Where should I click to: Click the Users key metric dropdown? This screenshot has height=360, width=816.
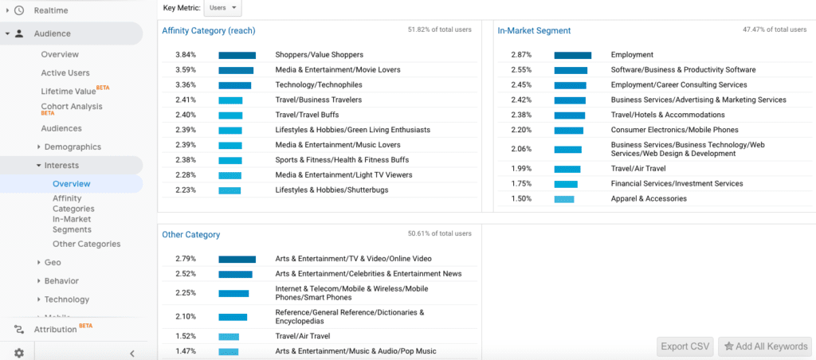point(222,7)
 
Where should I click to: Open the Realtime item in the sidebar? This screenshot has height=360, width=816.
point(51,10)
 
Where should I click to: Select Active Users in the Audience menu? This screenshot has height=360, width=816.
point(65,72)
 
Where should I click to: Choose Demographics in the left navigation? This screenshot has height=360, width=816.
point(73,147)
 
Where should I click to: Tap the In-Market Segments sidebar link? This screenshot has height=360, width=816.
point(72,224)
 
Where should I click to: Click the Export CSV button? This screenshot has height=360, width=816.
point(685,346)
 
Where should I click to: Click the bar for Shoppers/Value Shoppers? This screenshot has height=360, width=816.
point(237,55)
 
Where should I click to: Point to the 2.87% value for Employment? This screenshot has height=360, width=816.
point(520,55)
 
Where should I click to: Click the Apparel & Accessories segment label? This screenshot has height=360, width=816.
point(649,199)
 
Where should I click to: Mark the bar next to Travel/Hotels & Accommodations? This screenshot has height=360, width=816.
point(569,115)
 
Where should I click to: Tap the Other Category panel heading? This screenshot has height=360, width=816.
point(190,235)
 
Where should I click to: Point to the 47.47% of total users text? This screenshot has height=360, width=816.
point(775,29)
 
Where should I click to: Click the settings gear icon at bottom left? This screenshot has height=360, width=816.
point(19,353)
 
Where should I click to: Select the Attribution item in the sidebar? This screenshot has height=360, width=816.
point(56,330)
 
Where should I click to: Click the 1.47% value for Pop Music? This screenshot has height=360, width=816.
point(185,351)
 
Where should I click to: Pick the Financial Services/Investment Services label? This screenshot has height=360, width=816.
point(677,184)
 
